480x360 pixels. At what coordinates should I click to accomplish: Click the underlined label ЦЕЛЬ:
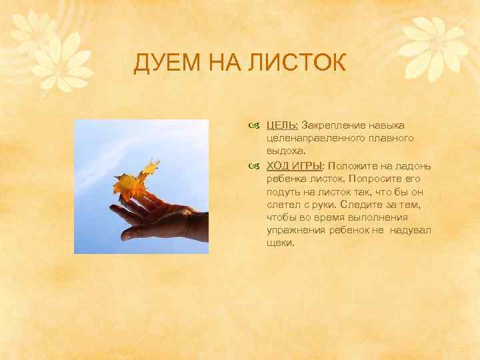[283, 125]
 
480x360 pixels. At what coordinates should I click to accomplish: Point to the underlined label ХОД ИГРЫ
[294, 166]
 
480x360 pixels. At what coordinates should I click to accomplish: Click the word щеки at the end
[279, 243]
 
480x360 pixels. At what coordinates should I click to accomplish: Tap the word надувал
[408, 230]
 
